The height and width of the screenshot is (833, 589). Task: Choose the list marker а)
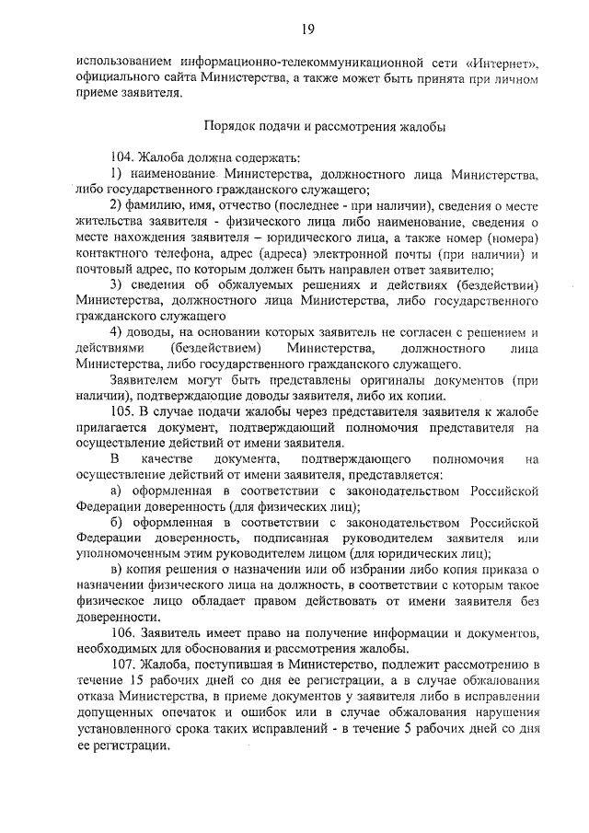[117, 490]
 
